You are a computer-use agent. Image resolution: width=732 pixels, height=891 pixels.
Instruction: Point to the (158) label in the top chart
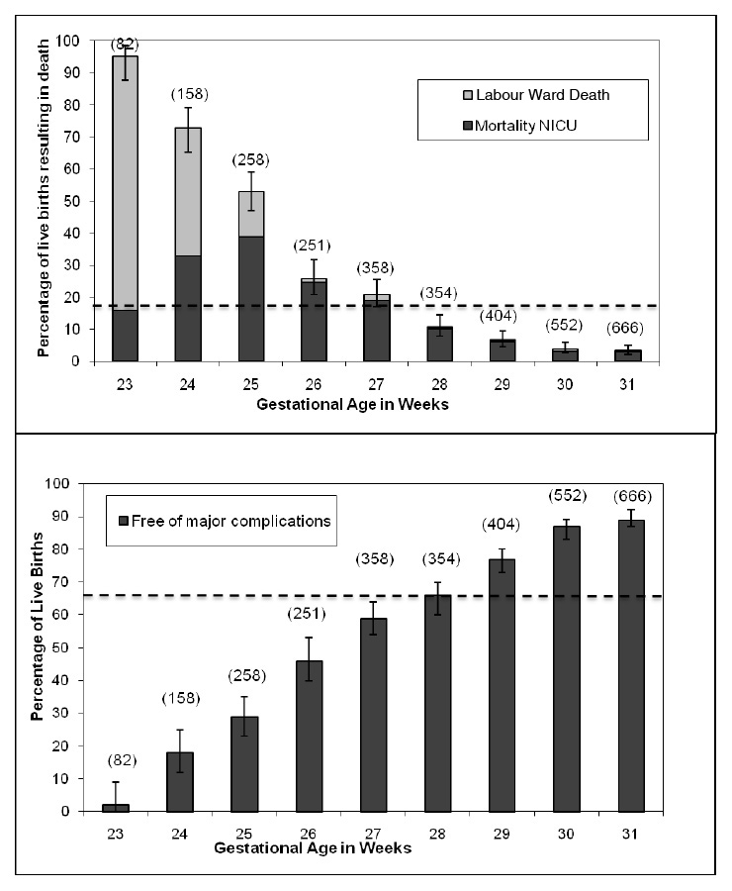(189, 95)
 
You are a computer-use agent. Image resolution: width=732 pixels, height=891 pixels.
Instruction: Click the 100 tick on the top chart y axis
(65, 41)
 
